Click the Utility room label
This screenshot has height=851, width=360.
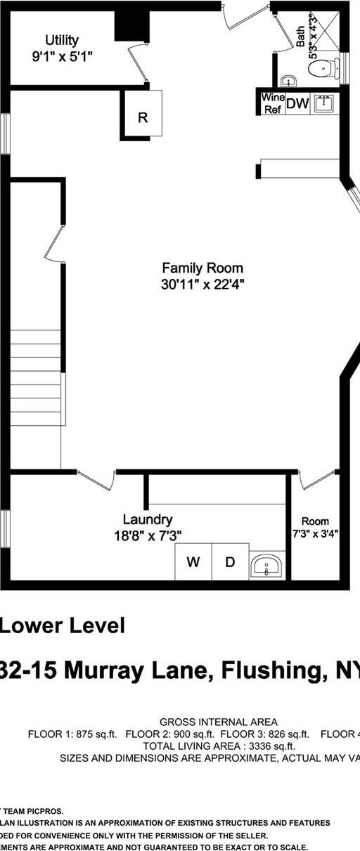[62, 40]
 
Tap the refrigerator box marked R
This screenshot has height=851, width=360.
[143, 117]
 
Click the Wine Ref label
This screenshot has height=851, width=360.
[272, 103]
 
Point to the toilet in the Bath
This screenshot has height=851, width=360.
[320, 68]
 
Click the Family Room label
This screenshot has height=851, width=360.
[202, 268]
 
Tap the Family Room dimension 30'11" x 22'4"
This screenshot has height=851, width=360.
[202, 284]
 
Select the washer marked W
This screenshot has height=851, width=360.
[193, 561]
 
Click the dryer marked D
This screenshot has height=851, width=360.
[230, 561]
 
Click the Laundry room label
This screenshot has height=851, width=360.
[148, 519]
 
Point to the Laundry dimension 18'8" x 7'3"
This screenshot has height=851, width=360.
[148, 535]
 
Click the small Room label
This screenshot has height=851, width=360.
[315, 521]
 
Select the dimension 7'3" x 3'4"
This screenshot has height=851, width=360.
[315, 533]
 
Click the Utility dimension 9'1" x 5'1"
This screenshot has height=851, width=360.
[62, 56]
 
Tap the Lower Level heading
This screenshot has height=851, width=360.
[63, 625]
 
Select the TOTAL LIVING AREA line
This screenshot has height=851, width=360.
[218, 746]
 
